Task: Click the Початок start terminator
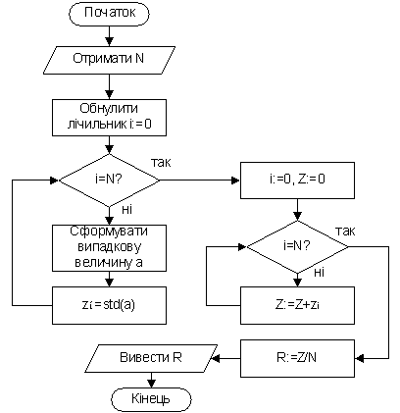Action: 109,14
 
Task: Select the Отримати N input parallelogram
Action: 109,60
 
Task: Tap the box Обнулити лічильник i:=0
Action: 109,118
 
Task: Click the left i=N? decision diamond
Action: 109,181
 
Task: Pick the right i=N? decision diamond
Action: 297,246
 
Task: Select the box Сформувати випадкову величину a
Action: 109,248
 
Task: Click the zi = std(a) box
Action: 109,305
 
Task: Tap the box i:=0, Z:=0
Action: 297,181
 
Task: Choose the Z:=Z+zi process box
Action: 297,305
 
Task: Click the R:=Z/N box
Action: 297,358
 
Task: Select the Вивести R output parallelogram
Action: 153,358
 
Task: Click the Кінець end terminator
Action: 151,399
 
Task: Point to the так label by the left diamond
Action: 161,162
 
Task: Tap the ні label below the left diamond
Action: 126,209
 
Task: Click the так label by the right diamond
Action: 345,232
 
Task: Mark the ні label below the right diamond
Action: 319,272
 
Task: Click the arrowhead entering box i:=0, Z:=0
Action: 236,181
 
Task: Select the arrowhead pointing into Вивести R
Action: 217,358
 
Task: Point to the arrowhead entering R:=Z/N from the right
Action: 360,358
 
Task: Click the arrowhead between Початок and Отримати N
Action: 109,41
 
